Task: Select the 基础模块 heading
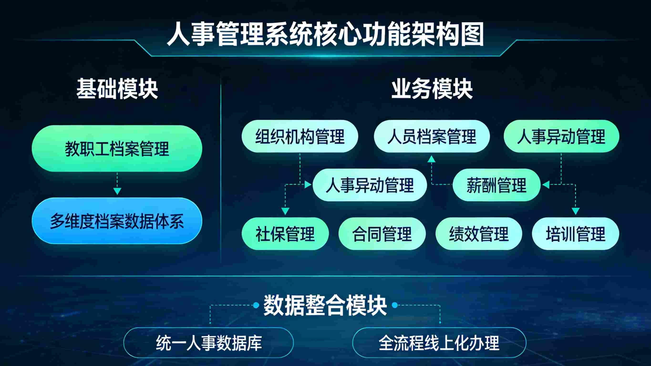(117, 89)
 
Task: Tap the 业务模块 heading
(432, 89)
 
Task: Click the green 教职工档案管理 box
(117, 149)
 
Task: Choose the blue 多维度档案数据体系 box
(117, 221)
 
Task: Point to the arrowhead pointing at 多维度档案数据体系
(117, 191)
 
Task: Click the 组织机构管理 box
(300, 136)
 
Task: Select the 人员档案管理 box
(432, 136)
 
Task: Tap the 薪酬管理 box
(496, 185)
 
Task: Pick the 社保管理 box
(285, 234)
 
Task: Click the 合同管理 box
(382, 234)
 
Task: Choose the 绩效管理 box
(479, 234)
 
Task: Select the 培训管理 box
(575, 234)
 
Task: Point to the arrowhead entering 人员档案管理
(431, 159)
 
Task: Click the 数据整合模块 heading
(325, 305)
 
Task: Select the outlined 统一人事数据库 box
(208, 343)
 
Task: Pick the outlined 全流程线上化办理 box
(439, 343)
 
